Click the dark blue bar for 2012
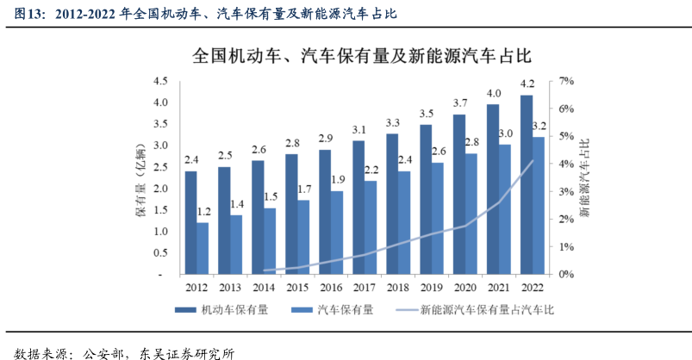point(190,222)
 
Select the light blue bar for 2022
point(538,205)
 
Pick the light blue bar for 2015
point(302,237)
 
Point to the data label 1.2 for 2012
point(203,211)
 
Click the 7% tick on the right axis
point(566,81)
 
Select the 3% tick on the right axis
point(566,191)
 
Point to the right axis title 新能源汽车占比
point(585,177)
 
